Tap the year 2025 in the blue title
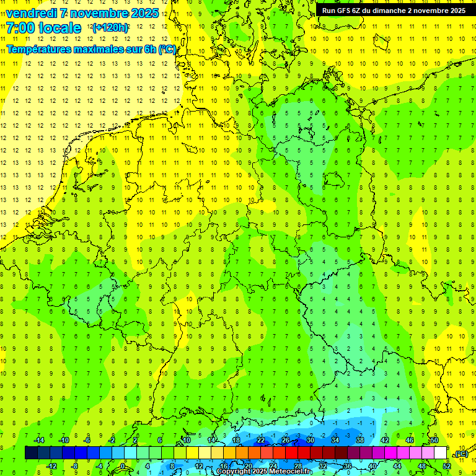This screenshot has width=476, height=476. pyautogui.click(x=144, y=13)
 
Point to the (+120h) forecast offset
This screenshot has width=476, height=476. pyautogui.click(x=110, y=28)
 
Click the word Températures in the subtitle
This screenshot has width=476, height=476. pyautogui.click(x=42, y=49)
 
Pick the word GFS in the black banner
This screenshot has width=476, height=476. pyautogui.click(x=343, y=11)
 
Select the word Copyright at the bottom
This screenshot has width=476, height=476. pyautogui.click(x=234, y=472)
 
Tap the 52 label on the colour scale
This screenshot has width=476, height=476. pyautogui.click(x=446, y=466)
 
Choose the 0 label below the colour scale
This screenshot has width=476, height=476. pyautogui.click(x=122, y=466)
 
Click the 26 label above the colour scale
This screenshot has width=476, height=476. pyautogui.click(x=285, y=440)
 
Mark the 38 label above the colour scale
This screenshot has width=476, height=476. pyautogui.click(x=359, y=440)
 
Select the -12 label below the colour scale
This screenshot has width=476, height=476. pyautogui.click(x=51, y=466)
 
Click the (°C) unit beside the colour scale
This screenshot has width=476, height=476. pyautogui.click(x=461, y=454)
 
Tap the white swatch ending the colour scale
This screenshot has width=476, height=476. pyautogui.click(x=440, y=453)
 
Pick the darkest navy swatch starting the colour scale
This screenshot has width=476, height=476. pyautogui.click(x=31, y=453)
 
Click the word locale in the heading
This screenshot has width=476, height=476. pyautogui.click(x=59, y=28)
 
